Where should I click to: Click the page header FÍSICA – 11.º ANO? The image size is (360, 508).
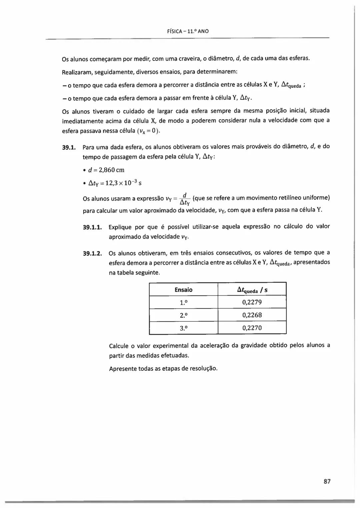tap(188, 31)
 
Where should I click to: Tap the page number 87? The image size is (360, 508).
tap(327, 481)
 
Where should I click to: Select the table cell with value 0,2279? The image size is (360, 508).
tap(252, 302)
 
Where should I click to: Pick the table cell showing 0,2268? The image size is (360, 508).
tap(252, 315)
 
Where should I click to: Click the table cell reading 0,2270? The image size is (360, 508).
tap(252, 328)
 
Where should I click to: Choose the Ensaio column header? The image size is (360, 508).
tap(183, 289)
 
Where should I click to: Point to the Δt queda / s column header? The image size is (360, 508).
tap(252, 290)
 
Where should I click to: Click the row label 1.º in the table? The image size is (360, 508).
tap(183, 302)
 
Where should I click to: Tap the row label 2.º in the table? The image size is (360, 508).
tap(183, 315)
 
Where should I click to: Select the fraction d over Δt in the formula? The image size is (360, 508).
tap(185, 199)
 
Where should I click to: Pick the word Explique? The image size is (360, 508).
tap(120, 227)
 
